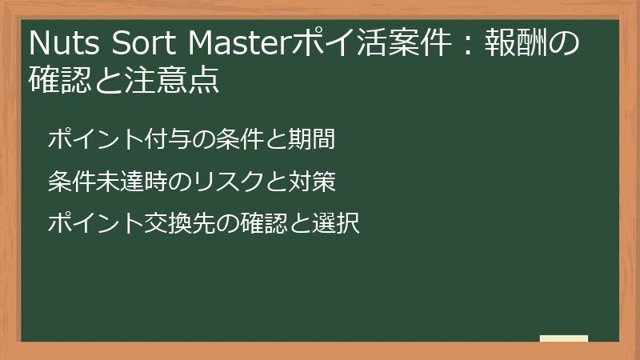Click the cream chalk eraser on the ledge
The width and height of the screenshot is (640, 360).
coord(564,338)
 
